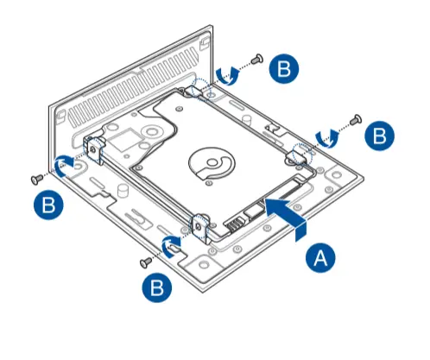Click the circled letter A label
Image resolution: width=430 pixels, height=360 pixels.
pyautogui.click(x=319, y=256)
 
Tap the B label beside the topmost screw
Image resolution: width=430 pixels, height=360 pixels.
pyautogui.click(x=286, y=69)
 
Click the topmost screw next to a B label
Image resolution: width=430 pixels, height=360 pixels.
pyautogui.click(x=257, y=59)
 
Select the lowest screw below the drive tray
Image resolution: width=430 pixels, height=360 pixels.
pyautogui.click(x=147, y=259)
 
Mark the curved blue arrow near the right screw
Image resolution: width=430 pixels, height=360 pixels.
pyautogui.click(x=326, y=136)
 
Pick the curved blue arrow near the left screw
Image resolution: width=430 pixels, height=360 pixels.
pyautogui.click(x=64, y=164)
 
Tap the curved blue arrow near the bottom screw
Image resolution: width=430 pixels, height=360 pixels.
pyautogui.click(x=174, y=243)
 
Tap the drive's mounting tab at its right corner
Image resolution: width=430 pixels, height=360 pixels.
pyautogui.click(x=298, y=154)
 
